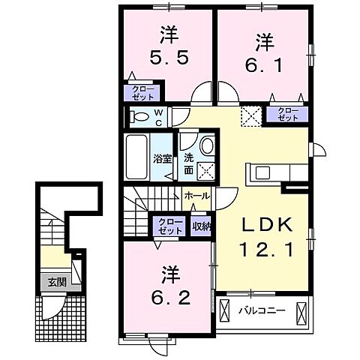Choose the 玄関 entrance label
coord(57,283)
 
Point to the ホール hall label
coord(197,195)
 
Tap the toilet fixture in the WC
coord(139,116)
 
